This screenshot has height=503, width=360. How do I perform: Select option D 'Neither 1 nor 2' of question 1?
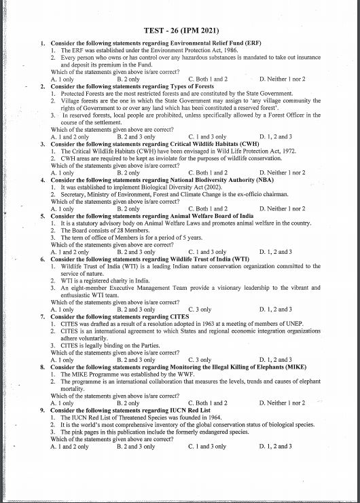pos(282,79)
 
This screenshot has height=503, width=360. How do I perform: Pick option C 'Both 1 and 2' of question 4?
pos(208,208)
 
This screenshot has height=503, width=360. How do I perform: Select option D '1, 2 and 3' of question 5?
pos(276,251)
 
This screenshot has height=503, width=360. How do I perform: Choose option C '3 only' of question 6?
pos(200,309)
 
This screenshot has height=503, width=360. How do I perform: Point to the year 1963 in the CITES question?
pos(223,323)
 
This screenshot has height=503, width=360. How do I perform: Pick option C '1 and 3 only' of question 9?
pos(207,446)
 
